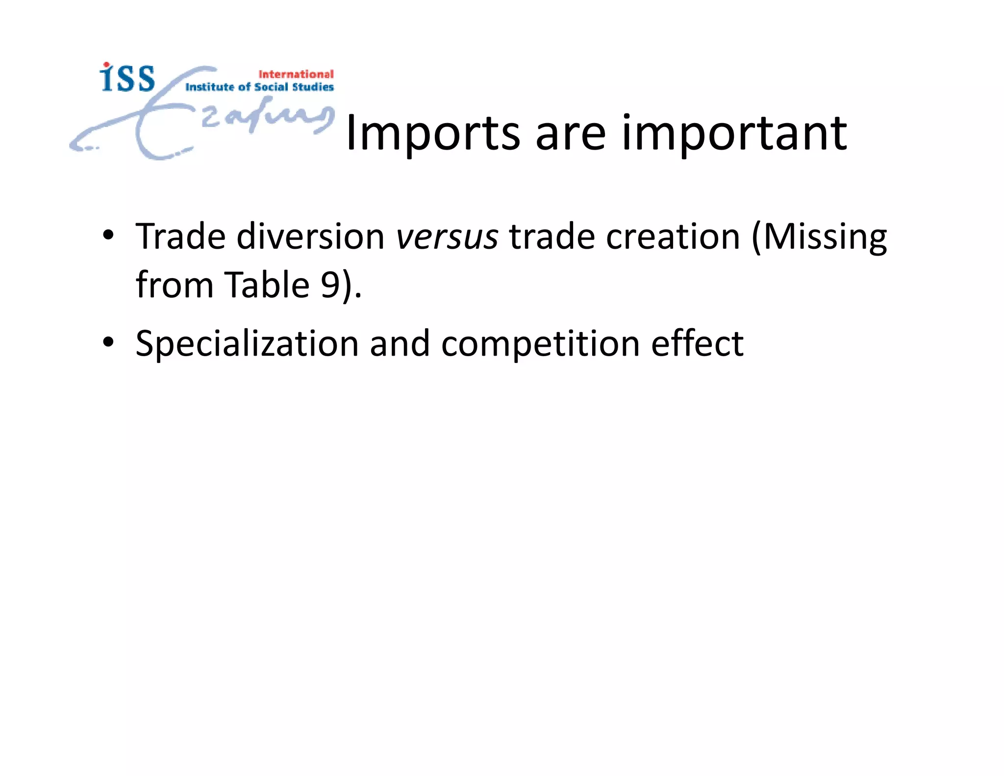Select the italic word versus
click(x=447, y=237)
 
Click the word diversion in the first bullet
click(x=311, y=237)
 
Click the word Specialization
click(x=247, y=344)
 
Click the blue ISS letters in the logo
click(x=127, y=78)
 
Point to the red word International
click(x=296, y=74)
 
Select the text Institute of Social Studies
click(x=259, y=87)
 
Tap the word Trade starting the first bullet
click(x=180, y=237)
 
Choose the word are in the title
click(x=570, y=133)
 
